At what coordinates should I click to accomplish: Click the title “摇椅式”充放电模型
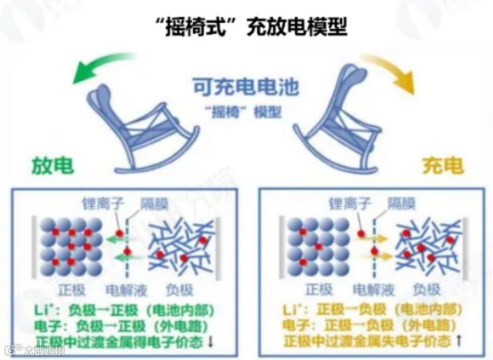(x=247, y=26)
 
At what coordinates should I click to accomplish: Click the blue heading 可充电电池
(x=246, y=87)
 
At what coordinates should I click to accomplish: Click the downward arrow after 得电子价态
(x=212, y=342)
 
